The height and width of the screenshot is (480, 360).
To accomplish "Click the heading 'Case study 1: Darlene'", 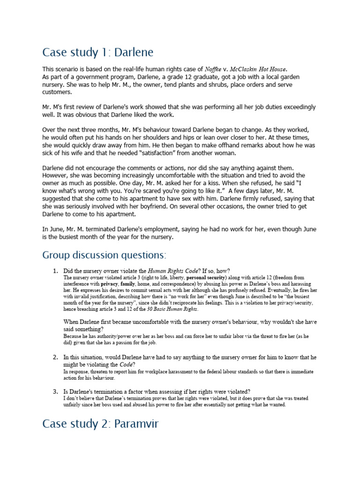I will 97,52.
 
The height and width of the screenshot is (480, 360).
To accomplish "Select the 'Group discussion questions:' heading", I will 104,255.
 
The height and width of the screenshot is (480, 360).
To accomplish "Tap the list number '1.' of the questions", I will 55,271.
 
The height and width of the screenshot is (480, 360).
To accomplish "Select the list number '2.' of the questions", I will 55,357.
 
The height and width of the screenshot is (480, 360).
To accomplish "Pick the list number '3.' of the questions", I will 55,391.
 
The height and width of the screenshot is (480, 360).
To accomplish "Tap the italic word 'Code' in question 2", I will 126,364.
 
